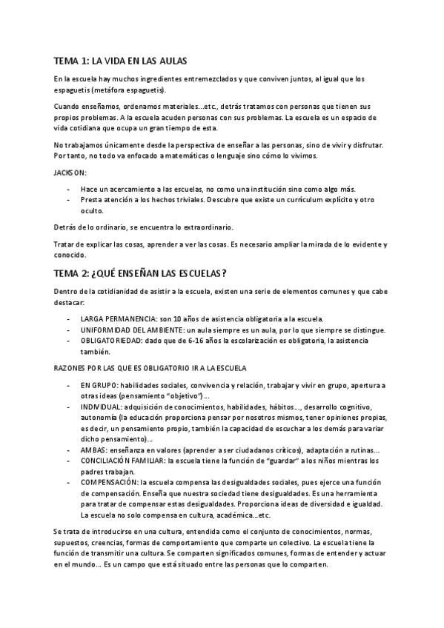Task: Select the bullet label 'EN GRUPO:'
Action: click(x=99, y=386)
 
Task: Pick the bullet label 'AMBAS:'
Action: click(x=93, y=450)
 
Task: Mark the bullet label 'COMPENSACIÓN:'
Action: click(x=111, y=482)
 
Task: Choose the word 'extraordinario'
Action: click(x=182, y=226)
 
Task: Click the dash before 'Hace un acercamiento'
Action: click(x=69, y=190)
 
